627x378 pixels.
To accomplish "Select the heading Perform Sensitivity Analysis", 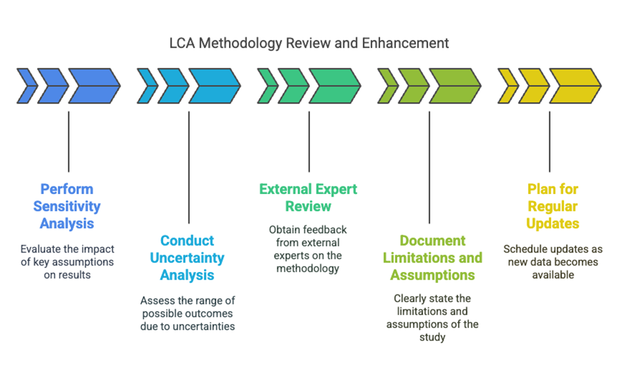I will point(67,206).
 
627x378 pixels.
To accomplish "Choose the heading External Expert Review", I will point(308,198).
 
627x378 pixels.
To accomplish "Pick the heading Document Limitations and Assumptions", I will point(432,258).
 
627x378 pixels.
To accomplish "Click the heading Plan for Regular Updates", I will point(552,206).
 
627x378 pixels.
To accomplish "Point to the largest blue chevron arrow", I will point(94,85).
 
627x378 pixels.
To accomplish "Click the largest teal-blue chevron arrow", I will point(214,85).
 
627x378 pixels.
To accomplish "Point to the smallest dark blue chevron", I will point(26,85).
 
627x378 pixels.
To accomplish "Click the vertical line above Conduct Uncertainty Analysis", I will point(188,167).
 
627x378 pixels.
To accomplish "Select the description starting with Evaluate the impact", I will point(67,262).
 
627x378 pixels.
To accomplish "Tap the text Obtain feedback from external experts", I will point(308,249).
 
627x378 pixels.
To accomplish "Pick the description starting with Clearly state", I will point(432,318).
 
